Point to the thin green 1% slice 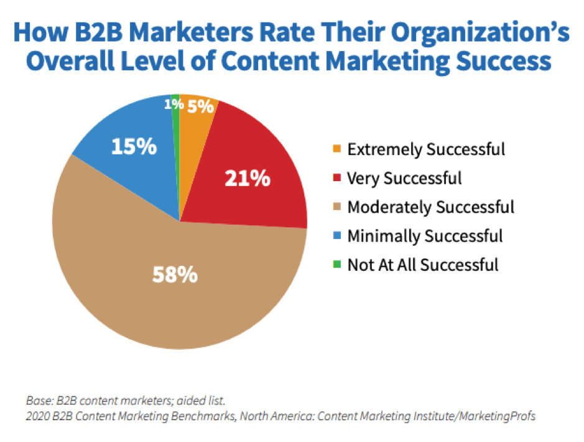coord(176,125)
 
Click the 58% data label coord(176,275)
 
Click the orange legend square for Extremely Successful coord(337,150)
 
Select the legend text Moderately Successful coord(431,207)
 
